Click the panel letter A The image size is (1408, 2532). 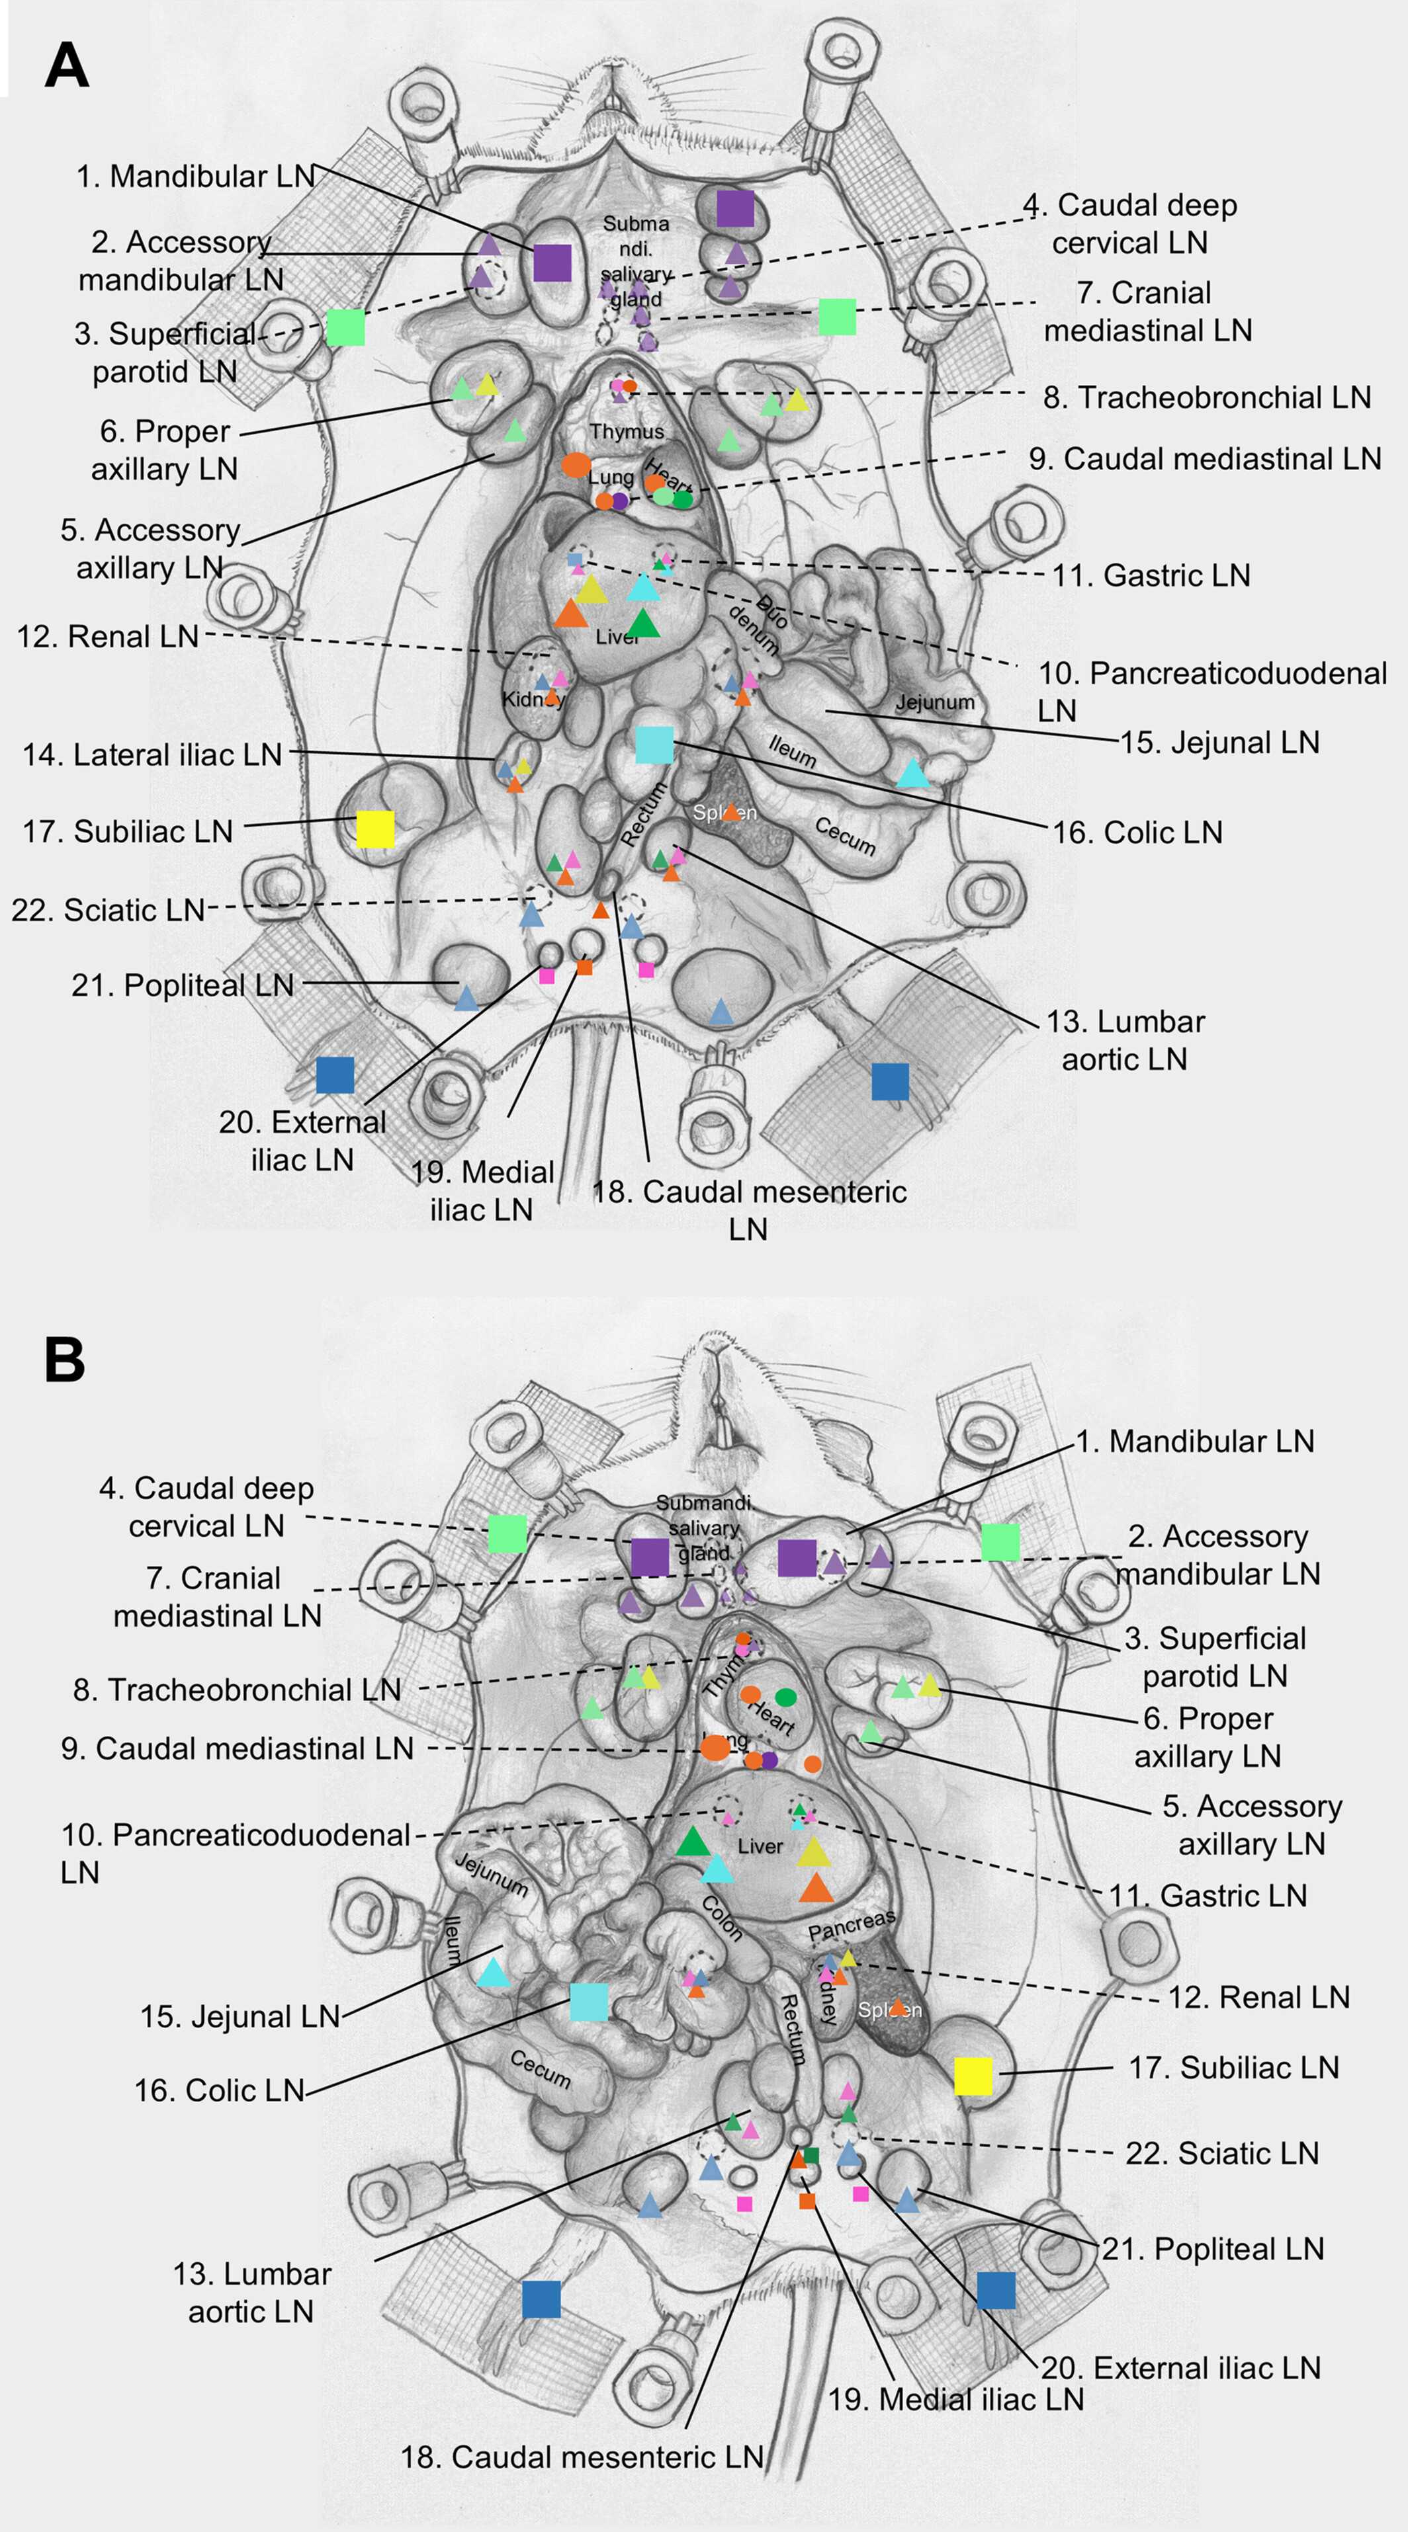67,67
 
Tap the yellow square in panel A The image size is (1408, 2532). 374,829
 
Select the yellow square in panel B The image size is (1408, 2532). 973,2075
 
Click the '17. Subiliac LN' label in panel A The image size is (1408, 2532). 128,832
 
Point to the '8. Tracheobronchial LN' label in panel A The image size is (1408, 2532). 1206,397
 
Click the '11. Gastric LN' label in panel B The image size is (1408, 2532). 1208,1895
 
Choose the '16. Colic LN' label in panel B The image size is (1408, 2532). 219,2090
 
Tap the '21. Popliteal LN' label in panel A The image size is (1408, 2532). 183,985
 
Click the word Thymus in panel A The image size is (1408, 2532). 627,432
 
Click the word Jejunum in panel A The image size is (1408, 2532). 934,702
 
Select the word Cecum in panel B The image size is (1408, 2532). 540,2068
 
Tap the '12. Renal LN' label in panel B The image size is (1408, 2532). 1258,1997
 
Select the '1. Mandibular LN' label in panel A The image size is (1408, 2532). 196,177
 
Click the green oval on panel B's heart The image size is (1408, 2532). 785,1697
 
